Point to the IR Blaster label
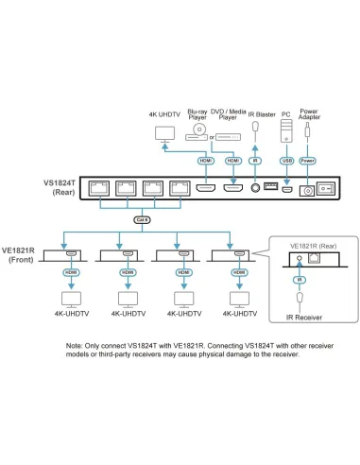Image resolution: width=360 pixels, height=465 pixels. pyautogui.click(x=260, y=115)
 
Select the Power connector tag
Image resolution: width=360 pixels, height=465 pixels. pyautogui.click(x=308, y=161)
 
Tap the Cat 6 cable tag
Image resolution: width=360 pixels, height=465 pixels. pyautogui.click(x=141, y=218)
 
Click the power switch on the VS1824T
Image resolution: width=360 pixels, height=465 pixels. pyautogui.click(x=326, y=189)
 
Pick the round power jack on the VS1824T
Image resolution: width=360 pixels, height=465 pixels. pyautogui.click(x=305, y=190)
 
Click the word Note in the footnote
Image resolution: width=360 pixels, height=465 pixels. pyautogui.click(x=75, y=347)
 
